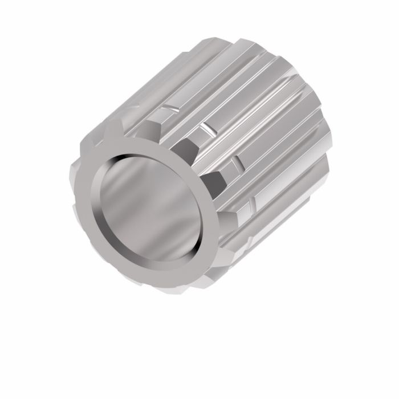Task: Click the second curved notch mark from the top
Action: pos(208,128)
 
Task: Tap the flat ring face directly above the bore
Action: pos(137,145)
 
